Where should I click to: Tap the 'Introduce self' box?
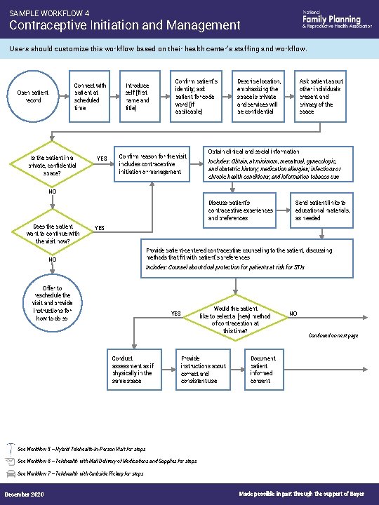(x=139, y=97)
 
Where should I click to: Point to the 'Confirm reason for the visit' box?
(x=153, y=163)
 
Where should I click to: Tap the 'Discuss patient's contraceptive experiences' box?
(x=240, y=210)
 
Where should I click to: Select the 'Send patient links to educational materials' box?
(x=321, y=210)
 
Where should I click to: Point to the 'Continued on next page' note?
(x=333, y=336)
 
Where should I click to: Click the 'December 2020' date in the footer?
(x=24, y=495)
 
